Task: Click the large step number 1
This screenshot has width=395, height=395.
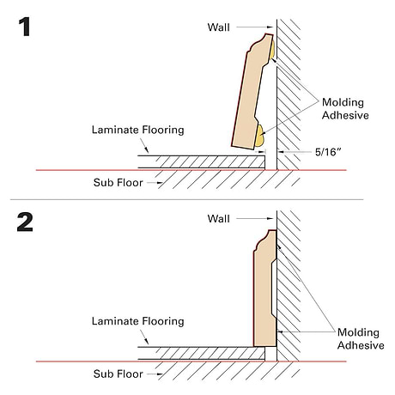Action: tap(25, 27)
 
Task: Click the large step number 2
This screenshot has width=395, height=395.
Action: tap(25, 222)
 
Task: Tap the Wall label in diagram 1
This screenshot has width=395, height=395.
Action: tap(218, 27)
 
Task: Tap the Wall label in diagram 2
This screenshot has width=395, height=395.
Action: tap(218, 219)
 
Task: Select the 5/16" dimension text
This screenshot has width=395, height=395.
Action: tap(328, 152)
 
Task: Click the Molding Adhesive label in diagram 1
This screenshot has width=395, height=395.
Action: tap(345, 109)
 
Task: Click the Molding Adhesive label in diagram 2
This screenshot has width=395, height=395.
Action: tap(361, 338)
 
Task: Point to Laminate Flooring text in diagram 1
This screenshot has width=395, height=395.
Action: tap(137, 130)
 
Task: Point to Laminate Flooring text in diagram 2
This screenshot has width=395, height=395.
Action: tap(137, 321)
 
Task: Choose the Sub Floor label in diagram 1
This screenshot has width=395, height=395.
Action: tap(118, 183)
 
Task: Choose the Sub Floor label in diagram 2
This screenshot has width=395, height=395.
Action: tap(118, 374)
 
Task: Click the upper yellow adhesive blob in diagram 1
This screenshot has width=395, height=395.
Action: tap(272, 49)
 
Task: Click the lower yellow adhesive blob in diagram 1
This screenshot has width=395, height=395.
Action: tap(260, 136)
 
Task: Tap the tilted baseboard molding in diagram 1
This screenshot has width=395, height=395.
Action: tap(251, 93)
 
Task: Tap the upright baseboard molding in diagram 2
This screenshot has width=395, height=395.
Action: tap(265, 289)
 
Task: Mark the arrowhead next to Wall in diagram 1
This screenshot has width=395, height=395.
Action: tap(270, 27)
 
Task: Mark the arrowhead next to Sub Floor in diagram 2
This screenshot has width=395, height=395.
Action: tap(160, 374)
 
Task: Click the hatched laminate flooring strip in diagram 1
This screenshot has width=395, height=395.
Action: tap(201, 162)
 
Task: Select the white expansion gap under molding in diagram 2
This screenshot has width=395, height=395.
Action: tap(270, 354)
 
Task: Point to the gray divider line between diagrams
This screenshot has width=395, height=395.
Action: tap(186, 199)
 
